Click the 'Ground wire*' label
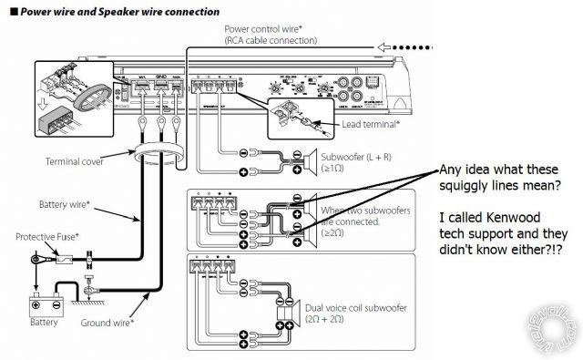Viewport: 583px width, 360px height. [x=107, y=322]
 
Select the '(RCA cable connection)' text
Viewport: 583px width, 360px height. [x=271, y=41]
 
